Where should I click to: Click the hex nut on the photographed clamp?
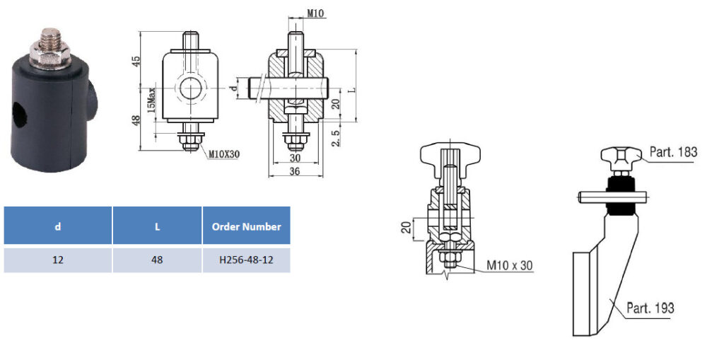pyautogui.click(x=50, y=56)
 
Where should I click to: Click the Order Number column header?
pyautogui.click(x=246, y=226)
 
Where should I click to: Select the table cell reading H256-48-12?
pyautogui.click(x=246, y=260)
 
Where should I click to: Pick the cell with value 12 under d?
pyautogui.click(x=58, y=260)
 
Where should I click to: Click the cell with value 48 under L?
pyautogui.click(x=157, y=260)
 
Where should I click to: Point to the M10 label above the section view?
pyautogui.click(x=315, y=13)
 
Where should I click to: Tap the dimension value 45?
pyautogui.click(x=136, y=61)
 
